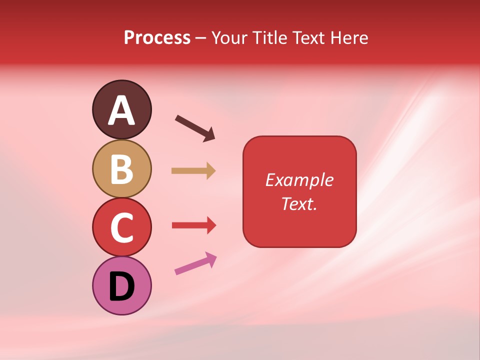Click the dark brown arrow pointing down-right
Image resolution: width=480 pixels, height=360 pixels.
click(x=195, y=128)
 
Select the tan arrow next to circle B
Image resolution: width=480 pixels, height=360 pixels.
click(x=193, y=170)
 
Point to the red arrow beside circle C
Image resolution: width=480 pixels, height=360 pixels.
click(x=193, y=225)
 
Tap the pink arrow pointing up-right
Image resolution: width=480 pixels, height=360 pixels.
click(x=195, y=263)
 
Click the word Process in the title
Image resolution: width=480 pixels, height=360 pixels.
click(x=157, y=38)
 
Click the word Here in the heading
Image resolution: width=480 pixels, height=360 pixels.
click(x=349, y=38)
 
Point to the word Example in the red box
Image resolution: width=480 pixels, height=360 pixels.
click(x=299, y=180)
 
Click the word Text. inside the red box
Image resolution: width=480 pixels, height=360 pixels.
click(x=299, y=203)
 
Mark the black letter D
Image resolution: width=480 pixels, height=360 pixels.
click(x=121, y=286)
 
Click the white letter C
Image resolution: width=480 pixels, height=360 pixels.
click(x=121, y=228)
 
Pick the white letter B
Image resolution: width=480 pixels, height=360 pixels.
click(x=121, y=169)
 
